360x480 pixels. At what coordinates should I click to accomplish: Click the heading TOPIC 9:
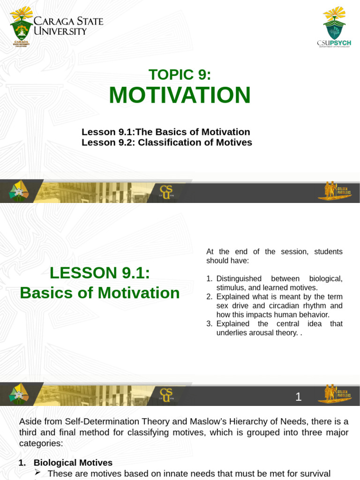pyautogui.click(x=180, y=75)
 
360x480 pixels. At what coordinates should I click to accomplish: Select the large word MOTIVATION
pyautogui.click(x=180, y=95)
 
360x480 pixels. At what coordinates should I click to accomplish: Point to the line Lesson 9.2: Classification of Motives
pyautogui.click(x=167, y=142)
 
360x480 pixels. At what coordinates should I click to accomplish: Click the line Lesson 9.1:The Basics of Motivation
pyautogui.click(x=166, y=132)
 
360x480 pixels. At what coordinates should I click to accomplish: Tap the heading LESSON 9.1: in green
pyautogui.click(x=100, y=272)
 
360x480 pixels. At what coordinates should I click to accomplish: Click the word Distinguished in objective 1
pyautogui.click(x=239, y=278)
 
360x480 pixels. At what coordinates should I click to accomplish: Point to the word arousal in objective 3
pyautogui.click(x=261, y=333)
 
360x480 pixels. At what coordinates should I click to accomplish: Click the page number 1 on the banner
pyautogui.click(x=299, y=397)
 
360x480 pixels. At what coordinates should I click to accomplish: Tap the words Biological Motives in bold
pyautogui.click(x=73, y=463)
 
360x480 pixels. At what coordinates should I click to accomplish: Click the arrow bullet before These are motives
pyautogui.click(x=39, y=473)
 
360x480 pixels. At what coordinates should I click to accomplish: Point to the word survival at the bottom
pyautogui.click(x=314, y=473)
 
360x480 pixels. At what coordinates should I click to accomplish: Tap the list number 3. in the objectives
pyautogui.click(x=210, y=324)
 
